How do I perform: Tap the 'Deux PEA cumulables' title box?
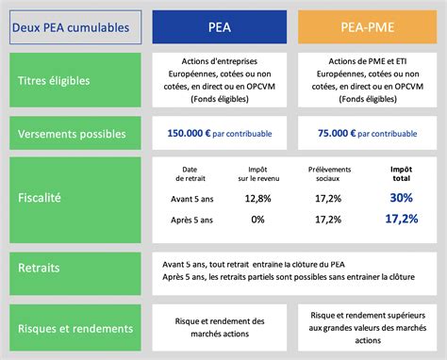74,27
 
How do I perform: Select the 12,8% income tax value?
257,198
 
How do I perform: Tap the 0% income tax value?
257,219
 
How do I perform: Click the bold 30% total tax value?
402,198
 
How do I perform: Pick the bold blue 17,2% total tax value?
402,219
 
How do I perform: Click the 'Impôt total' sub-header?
402,172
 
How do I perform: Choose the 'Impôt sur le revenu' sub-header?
257,172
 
